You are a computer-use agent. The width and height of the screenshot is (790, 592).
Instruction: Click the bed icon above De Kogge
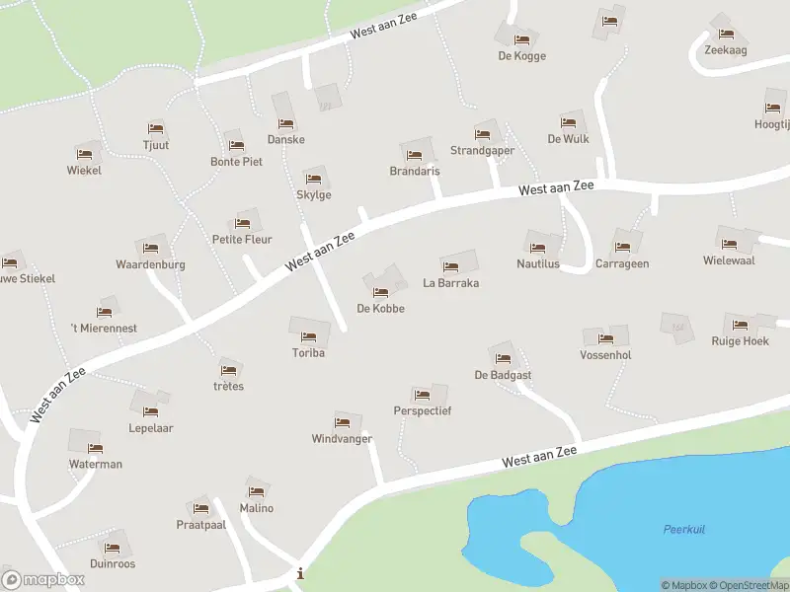(522, 40)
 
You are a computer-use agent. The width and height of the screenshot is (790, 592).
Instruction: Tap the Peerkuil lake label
(683, 530)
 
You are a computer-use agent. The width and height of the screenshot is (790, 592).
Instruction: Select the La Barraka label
(450, 283)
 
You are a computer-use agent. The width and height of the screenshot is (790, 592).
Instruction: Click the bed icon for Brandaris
(415, 155)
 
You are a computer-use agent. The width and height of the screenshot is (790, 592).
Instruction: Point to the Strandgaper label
(482, 151)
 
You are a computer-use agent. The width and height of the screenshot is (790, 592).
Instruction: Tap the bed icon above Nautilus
(538, 248)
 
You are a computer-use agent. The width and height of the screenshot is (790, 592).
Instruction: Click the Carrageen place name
(622, 263)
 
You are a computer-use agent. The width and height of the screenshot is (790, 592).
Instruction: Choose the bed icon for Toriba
(308, 336)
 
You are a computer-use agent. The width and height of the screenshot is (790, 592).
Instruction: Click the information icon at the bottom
(300, 573)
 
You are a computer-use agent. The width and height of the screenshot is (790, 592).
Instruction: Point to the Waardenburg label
(150, 264)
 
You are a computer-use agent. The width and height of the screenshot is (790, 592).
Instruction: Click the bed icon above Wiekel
(84, 154)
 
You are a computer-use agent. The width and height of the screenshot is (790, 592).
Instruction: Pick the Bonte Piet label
(236, 161)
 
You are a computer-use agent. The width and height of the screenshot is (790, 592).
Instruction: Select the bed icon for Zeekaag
(725, 33)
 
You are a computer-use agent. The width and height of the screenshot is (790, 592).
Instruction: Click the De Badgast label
(503, 375)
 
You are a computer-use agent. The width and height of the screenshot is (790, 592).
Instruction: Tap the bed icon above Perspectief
(422, 395)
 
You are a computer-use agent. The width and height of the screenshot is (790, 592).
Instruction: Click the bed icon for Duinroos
(112, 548)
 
